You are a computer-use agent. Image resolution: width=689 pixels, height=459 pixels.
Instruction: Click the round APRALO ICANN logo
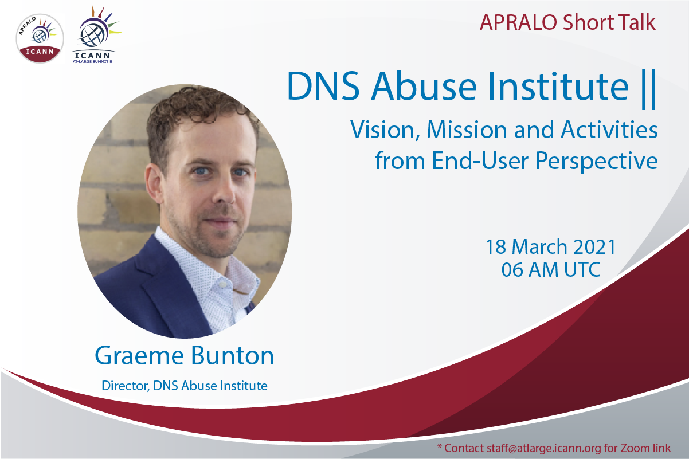click(40, 38)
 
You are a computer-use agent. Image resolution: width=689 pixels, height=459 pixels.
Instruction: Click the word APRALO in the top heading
click(518, 22)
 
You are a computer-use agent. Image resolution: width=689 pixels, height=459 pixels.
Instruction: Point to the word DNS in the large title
click(323, 86)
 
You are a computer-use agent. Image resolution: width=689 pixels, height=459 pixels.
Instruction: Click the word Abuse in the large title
click(424, 86)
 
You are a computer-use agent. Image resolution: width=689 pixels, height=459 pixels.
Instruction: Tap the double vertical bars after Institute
click(649, 89)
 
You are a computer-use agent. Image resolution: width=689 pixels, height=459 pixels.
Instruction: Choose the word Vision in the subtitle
click(385, 130)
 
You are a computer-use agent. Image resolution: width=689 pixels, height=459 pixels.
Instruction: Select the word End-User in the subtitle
click(480, 160)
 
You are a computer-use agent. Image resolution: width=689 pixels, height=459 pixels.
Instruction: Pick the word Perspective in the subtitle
click(596, 161)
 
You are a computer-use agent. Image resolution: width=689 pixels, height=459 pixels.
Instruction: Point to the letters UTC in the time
click(582, 269)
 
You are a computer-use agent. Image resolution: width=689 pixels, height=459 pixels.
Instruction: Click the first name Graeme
click(139, 356)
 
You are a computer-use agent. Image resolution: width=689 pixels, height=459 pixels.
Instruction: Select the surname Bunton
click(233, 355)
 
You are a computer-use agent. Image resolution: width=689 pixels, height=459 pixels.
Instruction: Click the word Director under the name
click(126, 386)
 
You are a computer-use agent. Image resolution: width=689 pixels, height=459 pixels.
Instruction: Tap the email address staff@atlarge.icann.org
click(543, 448)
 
